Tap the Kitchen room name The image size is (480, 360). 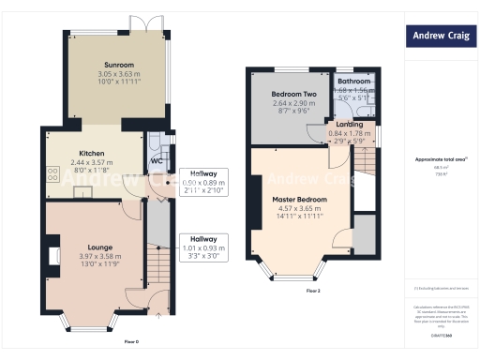coord(91,153)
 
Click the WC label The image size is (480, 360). coord(156,158)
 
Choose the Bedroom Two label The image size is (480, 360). coord(293,95)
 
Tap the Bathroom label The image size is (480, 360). coord(353,82)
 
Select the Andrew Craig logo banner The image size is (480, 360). coord(442,37)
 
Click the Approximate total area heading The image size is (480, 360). coord(441,159)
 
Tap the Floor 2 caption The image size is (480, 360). coord(312,291)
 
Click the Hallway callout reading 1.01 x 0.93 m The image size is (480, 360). coord(203,249)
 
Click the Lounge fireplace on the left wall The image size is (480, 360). coord(52,256)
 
